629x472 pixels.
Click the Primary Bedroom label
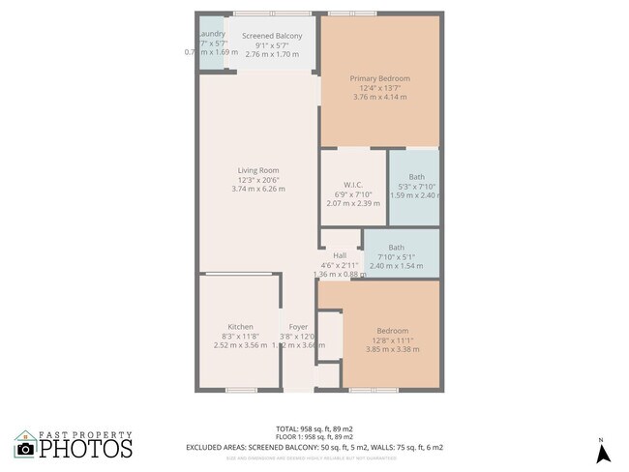point(380,78)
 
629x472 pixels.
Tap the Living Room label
point(258,170)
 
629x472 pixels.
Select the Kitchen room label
point(240,326)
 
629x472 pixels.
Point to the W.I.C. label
point(352,185)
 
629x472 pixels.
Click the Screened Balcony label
point(265,36)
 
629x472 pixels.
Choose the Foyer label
point(298,326)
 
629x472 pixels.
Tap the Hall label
point(340,255)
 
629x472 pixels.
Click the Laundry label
point(211,34)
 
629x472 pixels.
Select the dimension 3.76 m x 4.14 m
point(380,97)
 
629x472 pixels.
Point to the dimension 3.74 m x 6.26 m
point(258,189)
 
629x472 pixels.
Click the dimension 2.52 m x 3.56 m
point(240,345)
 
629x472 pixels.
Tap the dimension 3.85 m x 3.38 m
point(392,349)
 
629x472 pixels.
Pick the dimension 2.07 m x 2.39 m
point(352,203)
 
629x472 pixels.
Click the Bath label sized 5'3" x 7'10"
point(416,176)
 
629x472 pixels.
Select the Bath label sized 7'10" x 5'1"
point(396,247)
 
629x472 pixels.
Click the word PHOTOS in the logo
point(85,449)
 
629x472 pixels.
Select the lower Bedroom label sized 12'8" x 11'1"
point(392,331)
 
